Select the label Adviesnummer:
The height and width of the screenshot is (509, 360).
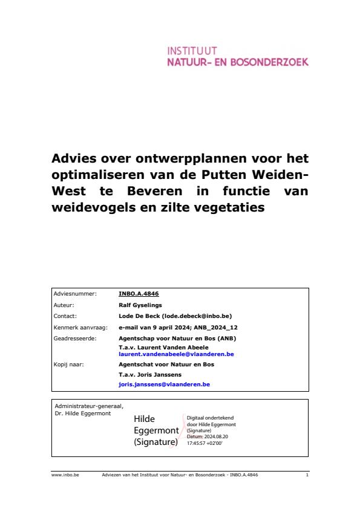[x=75, y=294]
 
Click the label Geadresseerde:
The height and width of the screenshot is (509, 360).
[x=75, y=338]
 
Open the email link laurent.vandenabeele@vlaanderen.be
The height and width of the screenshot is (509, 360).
[x=176, y=353]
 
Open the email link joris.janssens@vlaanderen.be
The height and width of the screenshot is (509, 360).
[x=163, y=384]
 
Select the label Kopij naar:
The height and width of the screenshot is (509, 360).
[x=69, y=365]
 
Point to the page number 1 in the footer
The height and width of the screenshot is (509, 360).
[x=307, y=475]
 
